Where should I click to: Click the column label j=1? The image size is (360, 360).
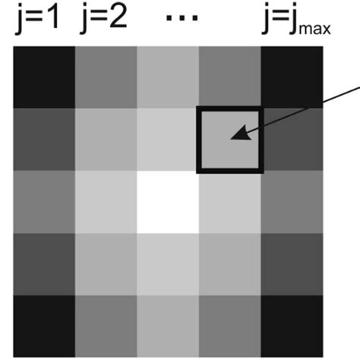38,19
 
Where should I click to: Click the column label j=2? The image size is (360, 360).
103,19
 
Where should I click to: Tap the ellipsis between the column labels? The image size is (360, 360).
182,17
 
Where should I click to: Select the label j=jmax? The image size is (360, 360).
296,19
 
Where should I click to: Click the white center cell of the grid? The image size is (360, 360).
168,202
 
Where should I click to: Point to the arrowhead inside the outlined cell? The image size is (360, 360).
241,133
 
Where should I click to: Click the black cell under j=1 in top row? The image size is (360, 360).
44,77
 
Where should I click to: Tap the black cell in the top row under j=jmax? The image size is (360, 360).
292,77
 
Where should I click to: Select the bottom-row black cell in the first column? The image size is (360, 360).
44,326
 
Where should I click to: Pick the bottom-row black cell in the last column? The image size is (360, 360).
292,326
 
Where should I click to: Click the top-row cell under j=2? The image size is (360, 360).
106,77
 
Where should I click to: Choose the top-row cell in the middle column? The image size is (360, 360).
168,77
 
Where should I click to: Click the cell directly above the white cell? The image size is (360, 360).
168,140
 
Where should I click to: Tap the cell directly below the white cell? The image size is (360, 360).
168,264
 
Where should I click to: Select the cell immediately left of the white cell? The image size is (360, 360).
106,202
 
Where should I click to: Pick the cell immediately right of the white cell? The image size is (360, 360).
230,202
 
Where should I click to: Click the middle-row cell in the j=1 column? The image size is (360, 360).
44,202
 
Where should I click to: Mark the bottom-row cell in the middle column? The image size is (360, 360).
168,326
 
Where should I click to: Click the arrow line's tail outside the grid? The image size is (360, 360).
359,87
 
